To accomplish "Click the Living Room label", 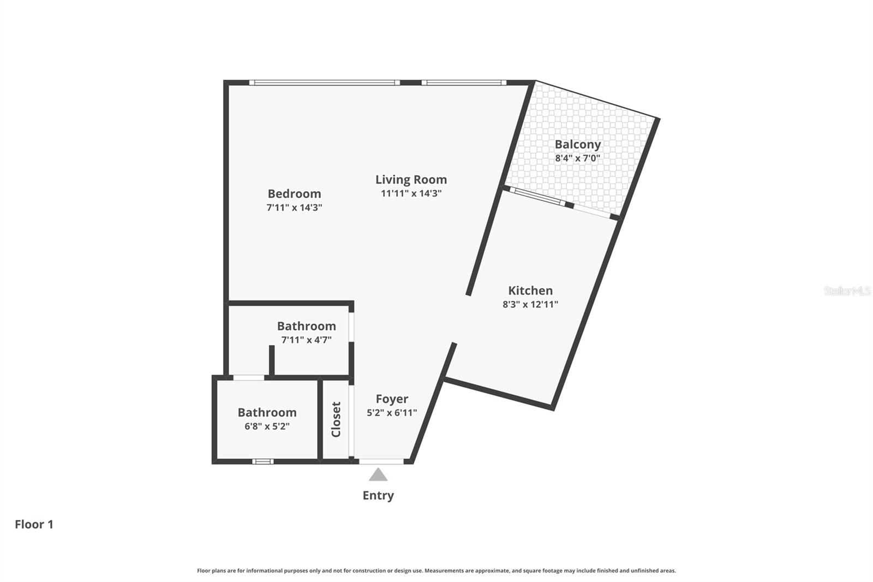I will point(411,180).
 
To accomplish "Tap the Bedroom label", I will point(294,194).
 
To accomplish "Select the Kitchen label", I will point(530,290).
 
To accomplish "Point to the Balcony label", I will point(578,145).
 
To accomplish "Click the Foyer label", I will point(392,399).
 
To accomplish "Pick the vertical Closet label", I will point(336,419).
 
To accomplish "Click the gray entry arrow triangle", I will point(378,475).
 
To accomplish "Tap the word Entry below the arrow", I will point(378,496).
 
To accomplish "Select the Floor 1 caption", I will point(34,525).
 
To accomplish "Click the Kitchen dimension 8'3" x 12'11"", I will point(530,305).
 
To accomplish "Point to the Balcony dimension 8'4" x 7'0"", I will point(578,158).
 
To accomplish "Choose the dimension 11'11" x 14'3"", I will point(411,193).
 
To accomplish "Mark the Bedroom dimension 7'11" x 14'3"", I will point(294,207).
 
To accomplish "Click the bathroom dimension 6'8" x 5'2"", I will point(267,426).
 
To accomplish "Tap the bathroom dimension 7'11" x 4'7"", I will point(306,340).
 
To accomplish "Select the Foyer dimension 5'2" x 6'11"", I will point(392,413).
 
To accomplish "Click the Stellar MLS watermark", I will point(847,291).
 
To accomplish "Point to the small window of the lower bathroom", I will point(262,461).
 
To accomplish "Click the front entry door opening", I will point(381,461).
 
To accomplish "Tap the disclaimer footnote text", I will point(436,571).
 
